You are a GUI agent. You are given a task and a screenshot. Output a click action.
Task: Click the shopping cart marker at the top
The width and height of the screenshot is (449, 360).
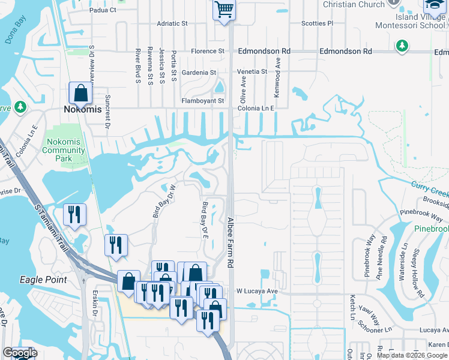224,10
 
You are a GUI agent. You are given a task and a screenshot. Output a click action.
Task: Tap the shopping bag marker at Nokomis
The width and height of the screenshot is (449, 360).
80,94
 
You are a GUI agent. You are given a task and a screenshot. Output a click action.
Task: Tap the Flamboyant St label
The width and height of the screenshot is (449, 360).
203,101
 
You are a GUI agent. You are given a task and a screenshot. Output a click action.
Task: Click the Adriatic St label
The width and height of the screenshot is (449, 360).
172,23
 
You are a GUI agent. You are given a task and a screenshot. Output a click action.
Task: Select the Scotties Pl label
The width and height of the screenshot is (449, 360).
317,23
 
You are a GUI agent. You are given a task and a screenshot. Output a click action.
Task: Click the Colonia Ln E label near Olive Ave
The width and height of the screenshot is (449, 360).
256,108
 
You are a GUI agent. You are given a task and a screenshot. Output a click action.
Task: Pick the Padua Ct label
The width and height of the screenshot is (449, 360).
103,10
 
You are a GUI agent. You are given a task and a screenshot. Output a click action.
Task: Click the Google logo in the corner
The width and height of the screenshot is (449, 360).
20,353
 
